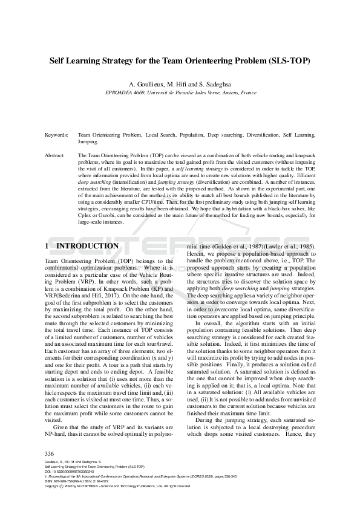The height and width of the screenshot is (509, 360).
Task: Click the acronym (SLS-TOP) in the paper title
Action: pos(284,62)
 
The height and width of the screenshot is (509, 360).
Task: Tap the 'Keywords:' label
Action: pos(56,136)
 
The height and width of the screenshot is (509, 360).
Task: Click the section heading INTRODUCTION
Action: pos(88,246)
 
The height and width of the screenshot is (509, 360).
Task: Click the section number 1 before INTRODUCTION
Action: pos(47,246)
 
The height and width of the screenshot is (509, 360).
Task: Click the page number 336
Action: pos(50,453)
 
